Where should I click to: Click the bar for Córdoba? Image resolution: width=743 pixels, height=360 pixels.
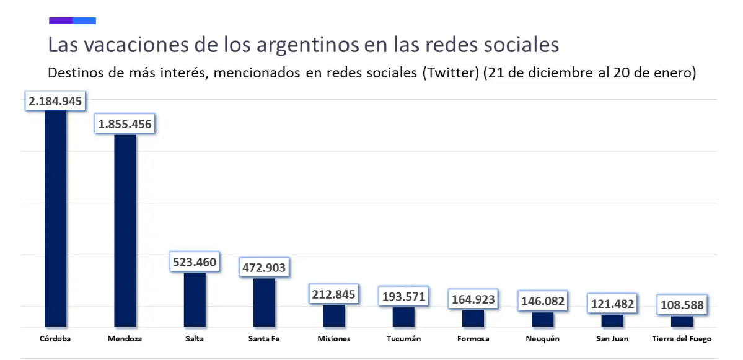pos(55,217)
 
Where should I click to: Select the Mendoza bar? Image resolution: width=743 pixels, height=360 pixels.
pos(125,229)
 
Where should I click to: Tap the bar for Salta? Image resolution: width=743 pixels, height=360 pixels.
pos(195,299)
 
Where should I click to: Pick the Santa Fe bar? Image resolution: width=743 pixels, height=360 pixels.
pos(264,302)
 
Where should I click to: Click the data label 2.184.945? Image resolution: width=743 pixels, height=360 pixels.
pos(55,101)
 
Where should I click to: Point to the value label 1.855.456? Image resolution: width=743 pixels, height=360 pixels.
pos(125,124)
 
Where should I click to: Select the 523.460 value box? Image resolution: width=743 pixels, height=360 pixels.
pos(195,262)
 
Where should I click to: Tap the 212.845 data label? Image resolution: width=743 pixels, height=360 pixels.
pos(334,294)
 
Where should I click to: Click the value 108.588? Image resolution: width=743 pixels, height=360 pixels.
pos(682,305)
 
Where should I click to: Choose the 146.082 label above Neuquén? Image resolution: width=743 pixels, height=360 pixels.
pos(543,301)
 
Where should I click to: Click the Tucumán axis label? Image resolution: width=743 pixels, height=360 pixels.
pos(403,339)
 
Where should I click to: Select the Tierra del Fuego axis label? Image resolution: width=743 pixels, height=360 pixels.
pos(682,339)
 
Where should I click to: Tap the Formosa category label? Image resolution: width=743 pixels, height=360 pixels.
pos(473,339)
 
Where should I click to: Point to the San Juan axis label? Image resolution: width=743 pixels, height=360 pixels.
pos(612,339)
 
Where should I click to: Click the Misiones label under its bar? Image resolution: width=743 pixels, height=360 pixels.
pos(334,339)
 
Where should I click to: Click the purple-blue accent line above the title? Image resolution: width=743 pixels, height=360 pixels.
pos(73,20)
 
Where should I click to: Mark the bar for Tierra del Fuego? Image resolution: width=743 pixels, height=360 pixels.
pos(682,321)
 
